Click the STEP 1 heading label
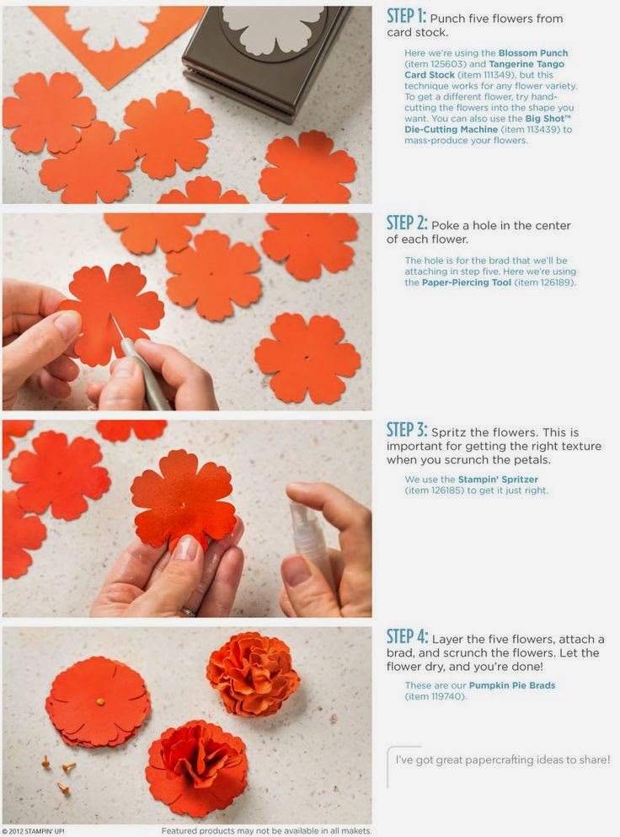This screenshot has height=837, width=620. pyautogui.click(x=406, y=17)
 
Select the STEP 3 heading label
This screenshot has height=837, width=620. pyautogui.click(x=406, y=430)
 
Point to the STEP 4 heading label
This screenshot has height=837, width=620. pyautogui.click(x=406, y=637)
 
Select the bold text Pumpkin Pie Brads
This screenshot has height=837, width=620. pyautogui.click(x=512, y=686)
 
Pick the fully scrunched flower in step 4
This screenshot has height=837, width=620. pyautogui.click(x=253, y=673)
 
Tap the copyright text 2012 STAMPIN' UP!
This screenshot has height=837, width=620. pyautogui.click(x=34, y=831)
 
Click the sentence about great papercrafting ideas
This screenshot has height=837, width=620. pyautogui.click(x=503, y=759)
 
